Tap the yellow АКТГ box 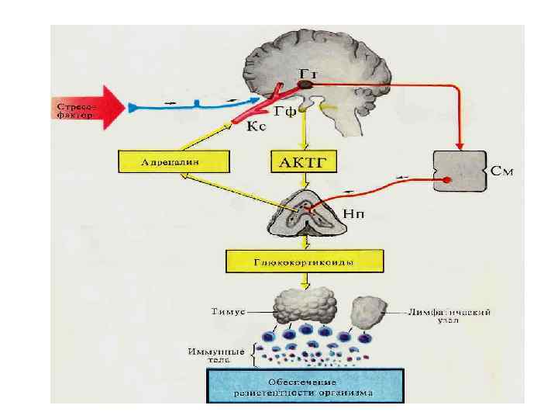pyautogui.click(x=305, y=162)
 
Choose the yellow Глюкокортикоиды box pyautogui.click(x=304, y=261)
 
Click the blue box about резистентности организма pyautogui.click(x=304, y=386)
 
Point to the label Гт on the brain pyautogui.click(x=308, y=73)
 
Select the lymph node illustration pyautogui.click(x=370, y=310)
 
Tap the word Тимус pyautogui.click(x=227, y=311)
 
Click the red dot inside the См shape pyautogui.click(x=448, y=181)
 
